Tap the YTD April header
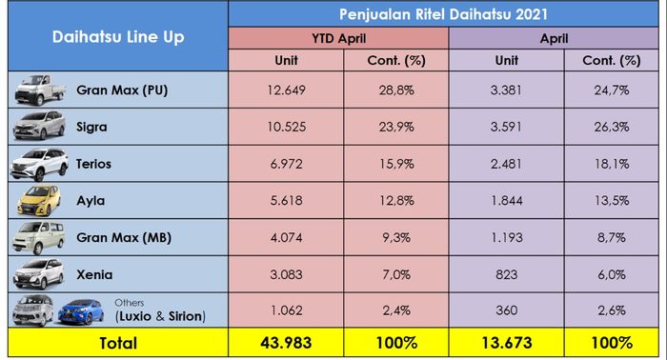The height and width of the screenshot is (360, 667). pyautogui.click(x=338, y=39)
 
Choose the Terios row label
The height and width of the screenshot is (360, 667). pyautogui.click(x=93, y=164)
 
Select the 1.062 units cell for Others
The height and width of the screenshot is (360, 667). pyautogui.click(x=285, y=310)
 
